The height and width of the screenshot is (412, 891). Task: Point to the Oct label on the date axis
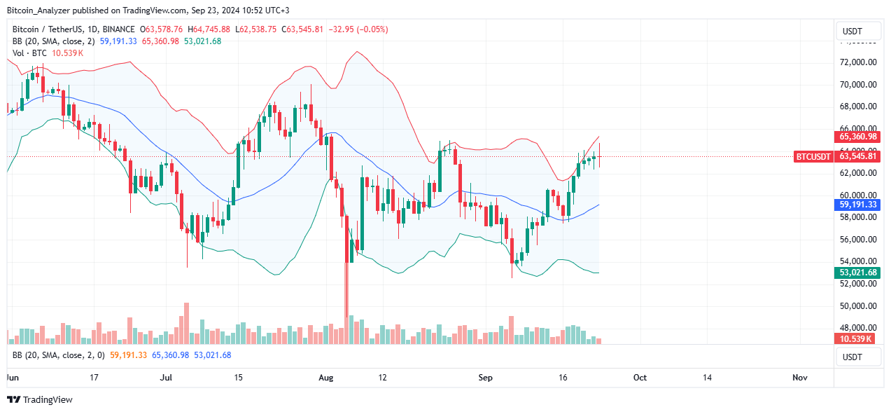(x=640, y=377)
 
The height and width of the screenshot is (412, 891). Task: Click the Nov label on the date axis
(x=800, y=377)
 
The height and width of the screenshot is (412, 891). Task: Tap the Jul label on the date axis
(x=166, y=377)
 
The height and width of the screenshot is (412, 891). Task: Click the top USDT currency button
(x=857, y=32)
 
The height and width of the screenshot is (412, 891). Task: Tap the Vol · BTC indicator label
(x=29, y=53)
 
